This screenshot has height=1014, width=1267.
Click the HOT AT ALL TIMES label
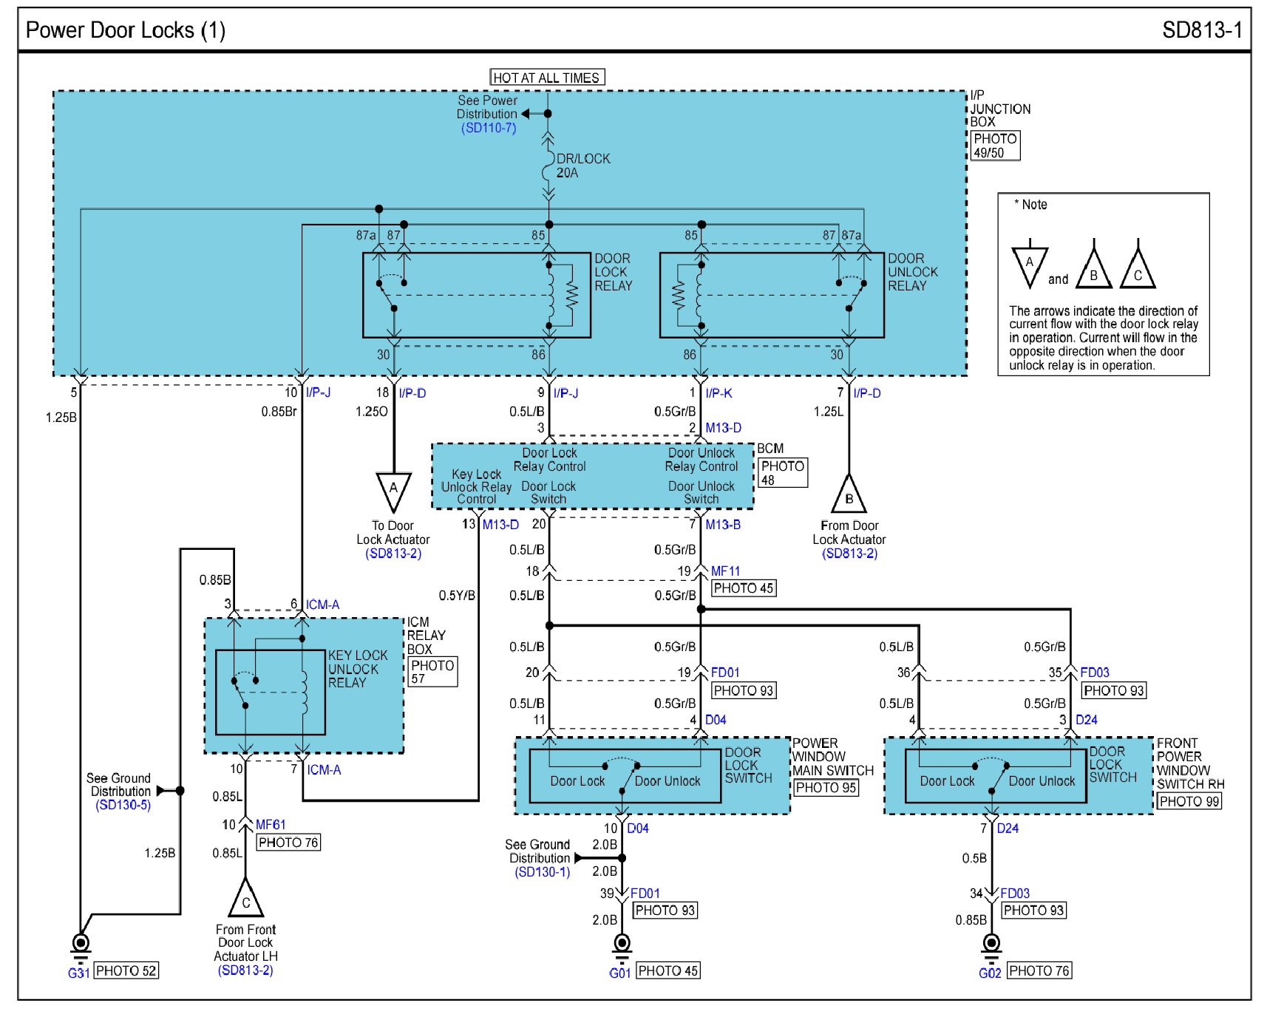click(x=547, y=78)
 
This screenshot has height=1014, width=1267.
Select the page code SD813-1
click(x=1202, y=30)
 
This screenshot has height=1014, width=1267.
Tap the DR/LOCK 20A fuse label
click(x=583, y=166)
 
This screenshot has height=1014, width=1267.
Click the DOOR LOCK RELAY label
click(x=614, y=272)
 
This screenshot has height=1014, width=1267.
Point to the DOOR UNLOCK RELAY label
click(x=913, y=272)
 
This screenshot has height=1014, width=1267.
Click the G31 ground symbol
click(x=81, y=944)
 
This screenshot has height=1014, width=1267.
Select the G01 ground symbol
click(x=622, y=944)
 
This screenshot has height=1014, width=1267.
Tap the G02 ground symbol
click(x=991, y=944)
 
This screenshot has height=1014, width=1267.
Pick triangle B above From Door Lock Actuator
click(x=849, y=494)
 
